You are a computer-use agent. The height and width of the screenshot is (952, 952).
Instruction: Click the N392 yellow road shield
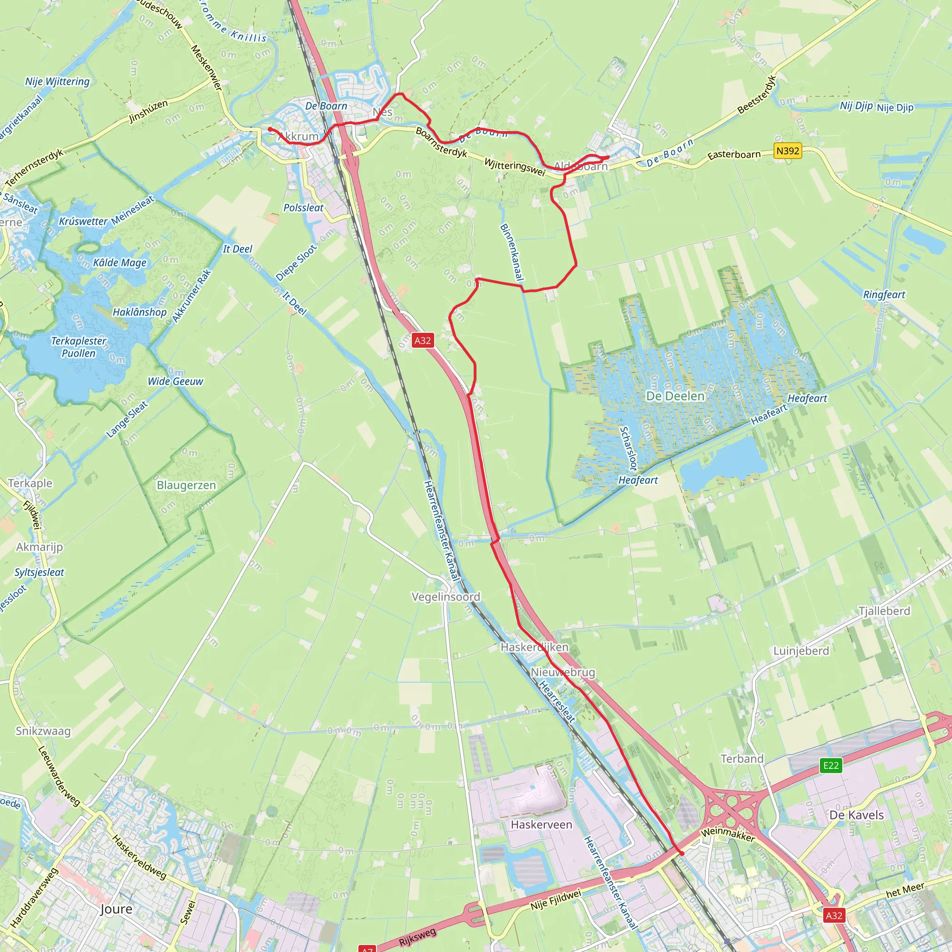[787, 151]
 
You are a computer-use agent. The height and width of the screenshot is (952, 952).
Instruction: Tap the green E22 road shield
[831, 765]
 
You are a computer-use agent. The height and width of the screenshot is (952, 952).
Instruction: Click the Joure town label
[116, 909]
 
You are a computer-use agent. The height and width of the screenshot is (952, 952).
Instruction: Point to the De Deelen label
[675, 396]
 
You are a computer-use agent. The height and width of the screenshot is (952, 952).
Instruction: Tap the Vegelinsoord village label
[445, 597]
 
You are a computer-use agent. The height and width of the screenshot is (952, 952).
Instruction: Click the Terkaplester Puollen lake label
[79, 347]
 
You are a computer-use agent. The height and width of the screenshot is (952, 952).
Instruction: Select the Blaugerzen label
[186, 485]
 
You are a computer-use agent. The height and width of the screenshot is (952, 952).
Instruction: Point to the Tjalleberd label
[885, 611]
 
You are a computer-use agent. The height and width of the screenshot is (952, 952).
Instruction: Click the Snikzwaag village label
[43, 731]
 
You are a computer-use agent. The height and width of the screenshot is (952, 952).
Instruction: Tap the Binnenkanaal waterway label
[511, 252]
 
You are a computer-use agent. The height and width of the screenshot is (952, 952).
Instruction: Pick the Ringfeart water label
[884, 295]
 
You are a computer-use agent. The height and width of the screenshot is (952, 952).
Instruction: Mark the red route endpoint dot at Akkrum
[270, 130]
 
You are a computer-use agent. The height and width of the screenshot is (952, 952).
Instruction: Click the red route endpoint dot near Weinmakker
[682, 853]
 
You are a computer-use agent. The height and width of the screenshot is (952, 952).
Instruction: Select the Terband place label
[742, 759]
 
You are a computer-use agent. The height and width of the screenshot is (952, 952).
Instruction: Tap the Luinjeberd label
[801, 651]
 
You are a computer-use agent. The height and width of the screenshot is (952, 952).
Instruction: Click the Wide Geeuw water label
[175, 381]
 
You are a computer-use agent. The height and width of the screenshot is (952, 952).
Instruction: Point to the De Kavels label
[856, 815]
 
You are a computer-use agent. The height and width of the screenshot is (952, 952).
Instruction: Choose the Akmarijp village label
[40, 547]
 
